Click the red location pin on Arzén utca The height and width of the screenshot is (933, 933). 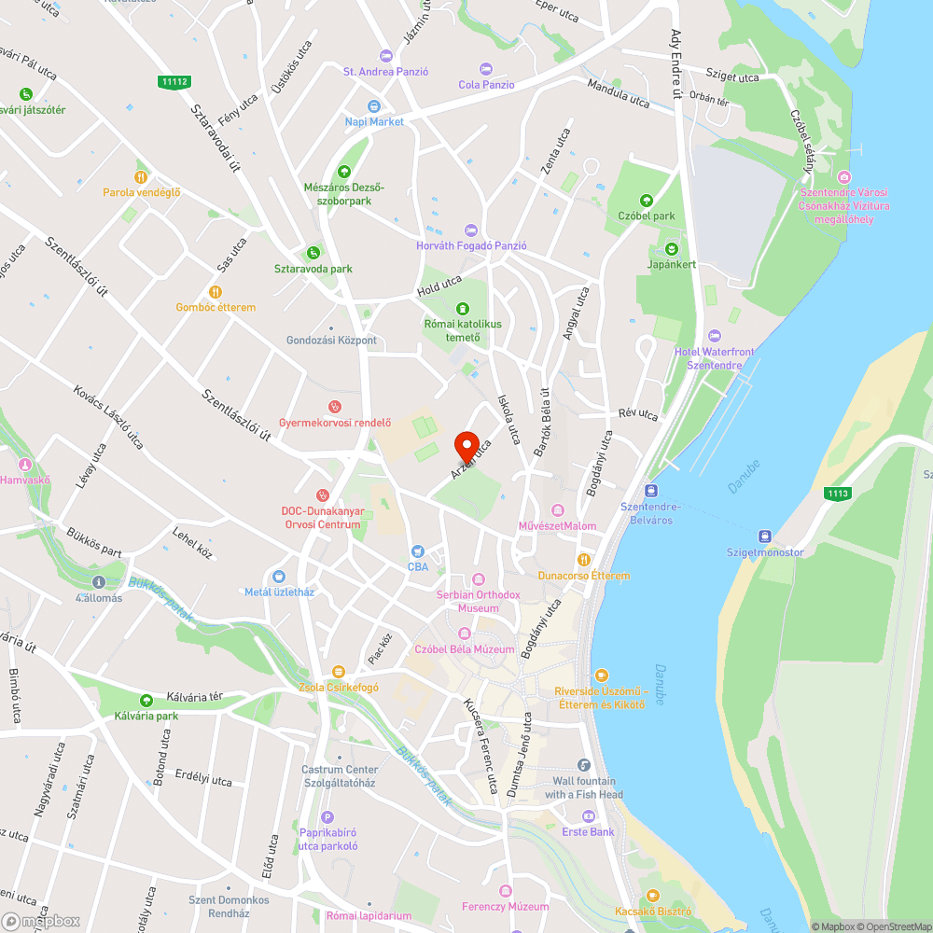click(x=466, y=445)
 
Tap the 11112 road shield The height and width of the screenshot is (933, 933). click(x=174, y=82)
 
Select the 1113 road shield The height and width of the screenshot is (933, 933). click(x=837, y=492)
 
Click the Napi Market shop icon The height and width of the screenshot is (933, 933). click(x=374, y=106)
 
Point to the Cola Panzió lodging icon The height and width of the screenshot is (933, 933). click(x=485, y=69)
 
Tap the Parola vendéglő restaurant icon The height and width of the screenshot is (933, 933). click(x=141, y=176)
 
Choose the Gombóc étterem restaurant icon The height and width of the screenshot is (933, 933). click(x=216, y=291)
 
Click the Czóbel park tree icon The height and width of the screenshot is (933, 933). click(x=646, y=201)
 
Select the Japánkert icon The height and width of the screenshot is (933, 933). click(x=671, y=248)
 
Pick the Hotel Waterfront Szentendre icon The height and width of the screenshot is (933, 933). click(x=715, y=336)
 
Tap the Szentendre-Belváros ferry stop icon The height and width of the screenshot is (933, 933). click(x=650, y=491)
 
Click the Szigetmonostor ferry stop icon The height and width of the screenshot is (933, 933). click(x=765, y=536)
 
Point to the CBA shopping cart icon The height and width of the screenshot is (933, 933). click(x=417, y=550)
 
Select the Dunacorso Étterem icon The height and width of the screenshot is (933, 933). click(x=583, y=560)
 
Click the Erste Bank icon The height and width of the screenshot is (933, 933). click(x=588, y=815)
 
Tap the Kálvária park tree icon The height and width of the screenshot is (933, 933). click(x=146, y=701)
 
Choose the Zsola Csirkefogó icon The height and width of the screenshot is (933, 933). click(x=338, y=672)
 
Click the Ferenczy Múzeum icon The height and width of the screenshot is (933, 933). click(x=505, y=891)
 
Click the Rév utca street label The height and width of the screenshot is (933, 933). click(x=638, y=413)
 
